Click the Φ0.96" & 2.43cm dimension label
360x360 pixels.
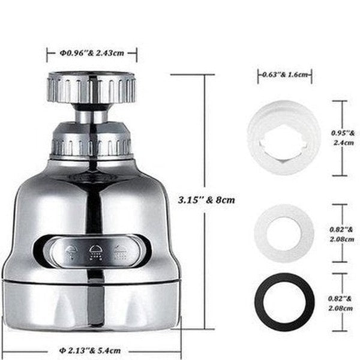pos(92,53)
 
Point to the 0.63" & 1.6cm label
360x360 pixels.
pos(285,74)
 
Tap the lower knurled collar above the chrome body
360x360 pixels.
pos(92,142)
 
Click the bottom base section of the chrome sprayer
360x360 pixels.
pos(92,306)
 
